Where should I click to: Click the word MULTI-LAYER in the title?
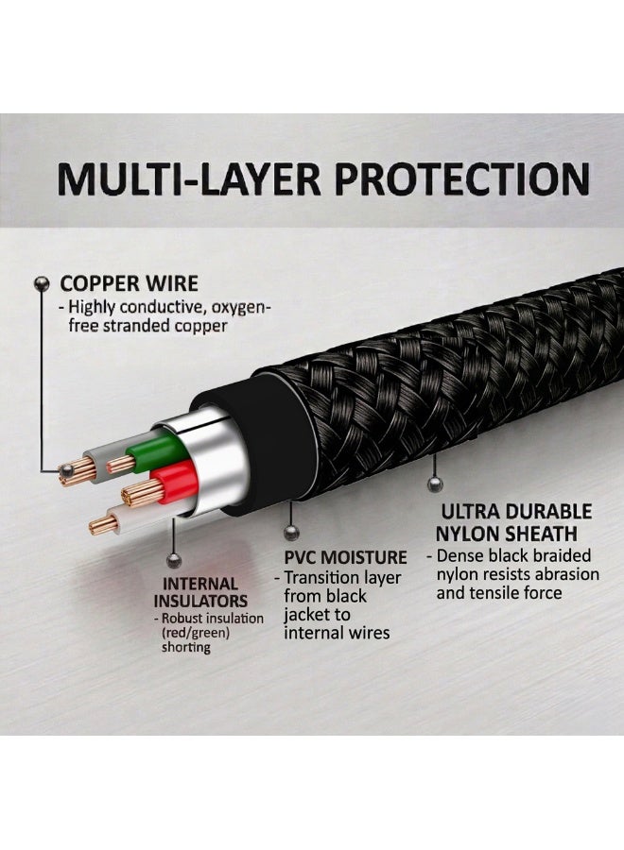tap(189, 178)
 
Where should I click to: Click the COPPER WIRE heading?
tap(130, 283)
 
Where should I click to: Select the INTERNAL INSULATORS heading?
tap(200, 592)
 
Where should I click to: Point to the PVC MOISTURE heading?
tap(346, 557)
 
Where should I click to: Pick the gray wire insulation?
tap(112, 455)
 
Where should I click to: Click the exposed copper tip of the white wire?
tap(102, 524)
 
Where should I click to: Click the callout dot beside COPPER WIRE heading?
tap(42, 283)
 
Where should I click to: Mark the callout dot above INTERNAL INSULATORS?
tap(174, 560)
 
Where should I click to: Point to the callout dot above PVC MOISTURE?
tap(291, 533)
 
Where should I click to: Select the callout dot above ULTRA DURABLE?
tap(435, 484)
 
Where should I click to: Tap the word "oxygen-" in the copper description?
tap(241, 308)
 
